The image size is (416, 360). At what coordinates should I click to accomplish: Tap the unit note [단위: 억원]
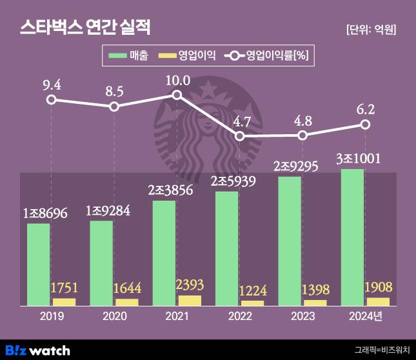click(x=371, y=29)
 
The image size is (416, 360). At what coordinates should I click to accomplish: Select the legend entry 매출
click(x=128, y=56)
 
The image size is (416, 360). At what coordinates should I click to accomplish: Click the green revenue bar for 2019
click(x=38, y=264)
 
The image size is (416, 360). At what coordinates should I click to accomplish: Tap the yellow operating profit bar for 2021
click(x=190, y=300)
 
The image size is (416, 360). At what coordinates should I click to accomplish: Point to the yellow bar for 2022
click(x=252, y=303)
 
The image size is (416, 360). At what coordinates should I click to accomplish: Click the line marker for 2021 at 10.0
click(x=177, y=95)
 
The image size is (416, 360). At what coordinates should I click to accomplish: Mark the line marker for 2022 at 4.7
click(x=240, y=136)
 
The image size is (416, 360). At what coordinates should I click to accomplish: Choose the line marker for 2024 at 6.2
click(x=365, y=124)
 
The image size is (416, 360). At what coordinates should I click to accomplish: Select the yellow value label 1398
click(x=317, y=288)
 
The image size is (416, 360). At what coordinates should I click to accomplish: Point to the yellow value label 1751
click(x=66, y=287)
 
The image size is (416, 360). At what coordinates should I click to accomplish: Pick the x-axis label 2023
click(x=302, y=316)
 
